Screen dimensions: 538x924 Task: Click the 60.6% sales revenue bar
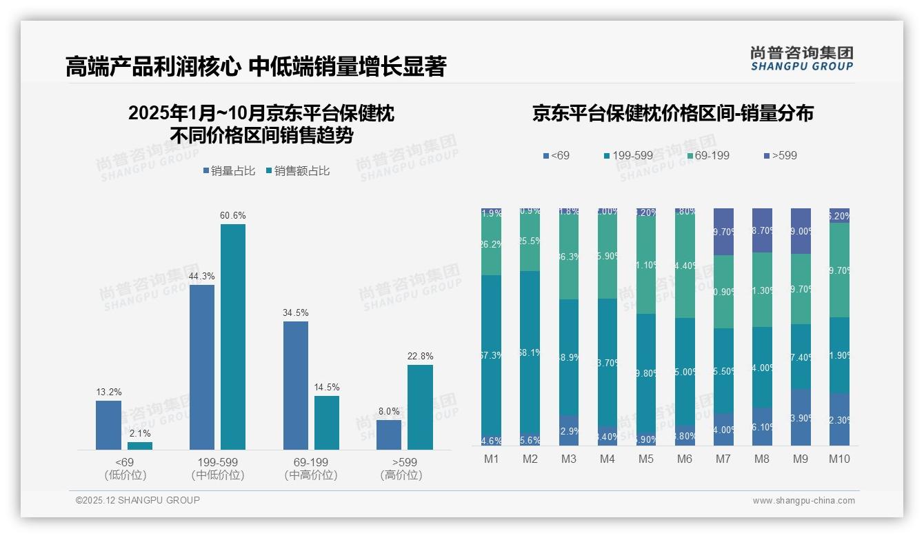click(233, 337)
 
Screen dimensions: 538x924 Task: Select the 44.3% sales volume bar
click(201, 367)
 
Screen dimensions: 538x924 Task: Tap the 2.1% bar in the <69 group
click(140, 446)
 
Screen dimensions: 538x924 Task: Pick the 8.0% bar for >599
click(389, 435)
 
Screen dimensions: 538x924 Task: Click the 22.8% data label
click(420, 357)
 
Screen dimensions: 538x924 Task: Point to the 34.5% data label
click(295, 312)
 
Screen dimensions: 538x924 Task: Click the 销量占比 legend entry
click(229, 171)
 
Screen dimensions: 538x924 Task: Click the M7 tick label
click(724, 459)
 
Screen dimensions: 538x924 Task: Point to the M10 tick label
click(839, 459)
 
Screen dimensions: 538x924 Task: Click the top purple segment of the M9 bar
click(801, 231)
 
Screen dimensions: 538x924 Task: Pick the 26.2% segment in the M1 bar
click(492, 244)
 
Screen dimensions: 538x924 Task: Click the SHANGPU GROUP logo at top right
click(801, 59)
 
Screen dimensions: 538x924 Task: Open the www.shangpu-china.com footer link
click(803, 501)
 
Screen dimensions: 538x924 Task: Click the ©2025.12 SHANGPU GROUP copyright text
click(138, 500)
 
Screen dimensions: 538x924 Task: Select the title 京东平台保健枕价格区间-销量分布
click(672, 114)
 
